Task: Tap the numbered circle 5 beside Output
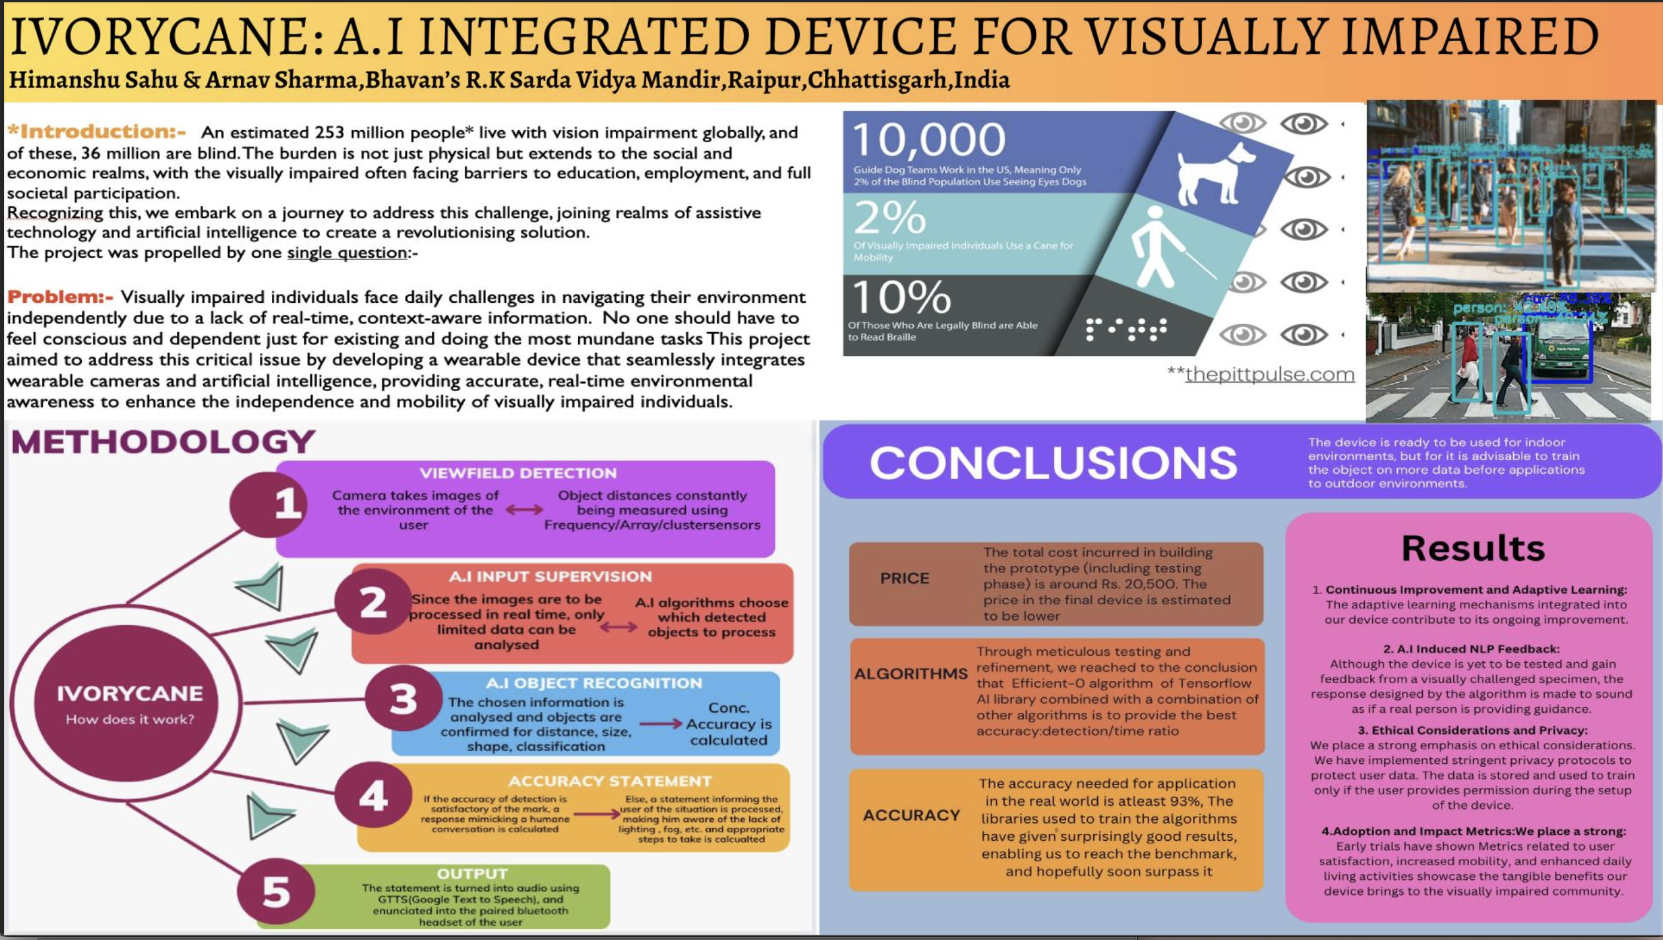point(275,892)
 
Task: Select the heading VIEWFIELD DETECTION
point(518,472)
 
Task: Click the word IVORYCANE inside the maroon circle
point(130,693)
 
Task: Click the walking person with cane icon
point(1162,248)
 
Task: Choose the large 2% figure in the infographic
point(889,218)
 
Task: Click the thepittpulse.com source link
point(1269,374)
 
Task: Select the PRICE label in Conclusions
point(904,578)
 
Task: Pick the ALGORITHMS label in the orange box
point(910,674)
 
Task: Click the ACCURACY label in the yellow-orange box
point(911,815)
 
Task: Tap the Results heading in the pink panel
point(1472,548)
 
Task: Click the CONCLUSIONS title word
point(1053,462)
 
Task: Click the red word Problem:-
point(60,297)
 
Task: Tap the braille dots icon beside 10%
point(1126,328)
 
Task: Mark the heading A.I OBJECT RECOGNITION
point(593,683)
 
